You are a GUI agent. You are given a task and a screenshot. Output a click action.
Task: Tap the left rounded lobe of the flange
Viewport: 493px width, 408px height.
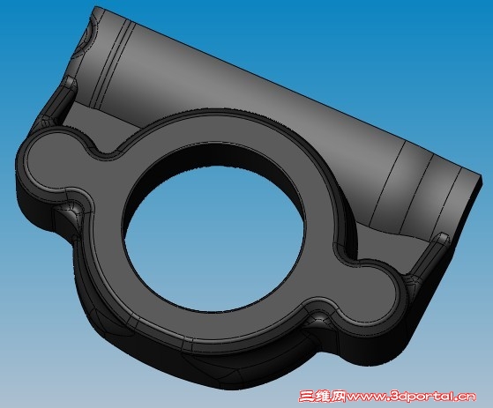(55, 163)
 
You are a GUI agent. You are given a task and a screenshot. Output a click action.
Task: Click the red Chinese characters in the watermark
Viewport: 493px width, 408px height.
(321, 397)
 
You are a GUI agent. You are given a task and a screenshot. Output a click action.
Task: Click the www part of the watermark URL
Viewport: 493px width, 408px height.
(365, 397)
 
